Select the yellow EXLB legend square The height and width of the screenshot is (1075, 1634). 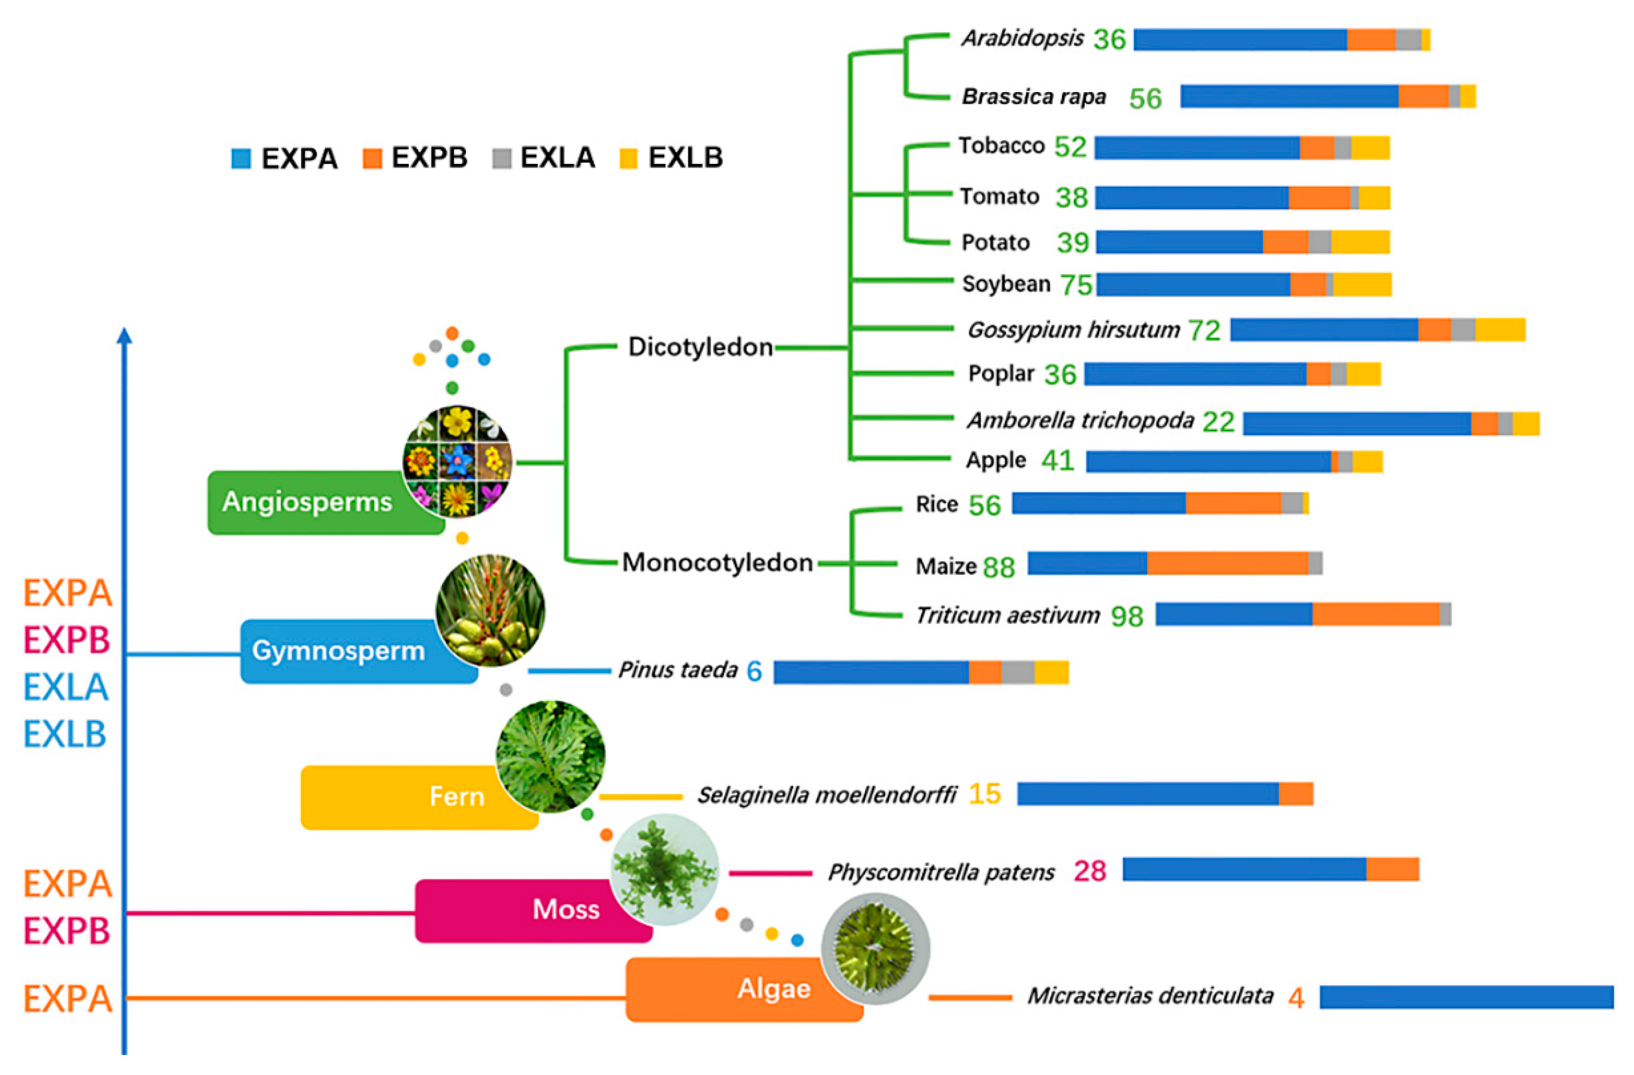628,159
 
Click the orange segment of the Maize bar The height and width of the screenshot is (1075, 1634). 1227,563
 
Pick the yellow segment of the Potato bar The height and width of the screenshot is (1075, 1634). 1360,241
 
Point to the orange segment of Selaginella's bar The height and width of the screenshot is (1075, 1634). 1295,794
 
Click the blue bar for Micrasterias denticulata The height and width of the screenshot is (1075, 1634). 1466,997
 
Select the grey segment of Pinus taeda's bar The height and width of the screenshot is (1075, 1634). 1017,672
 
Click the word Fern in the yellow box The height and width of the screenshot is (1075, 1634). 457,796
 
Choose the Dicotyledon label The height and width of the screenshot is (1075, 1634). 700,347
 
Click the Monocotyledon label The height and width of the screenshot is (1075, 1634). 717,563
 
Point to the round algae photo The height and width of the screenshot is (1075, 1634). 875,949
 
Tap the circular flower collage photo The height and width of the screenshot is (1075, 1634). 457,461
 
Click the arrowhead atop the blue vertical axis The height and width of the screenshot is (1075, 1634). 124,336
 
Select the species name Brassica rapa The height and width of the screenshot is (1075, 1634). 1033,97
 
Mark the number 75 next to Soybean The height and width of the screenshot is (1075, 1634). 1076,285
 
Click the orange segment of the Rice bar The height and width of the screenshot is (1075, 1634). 1233,503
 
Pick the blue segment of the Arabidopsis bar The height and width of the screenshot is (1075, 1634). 1239,40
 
